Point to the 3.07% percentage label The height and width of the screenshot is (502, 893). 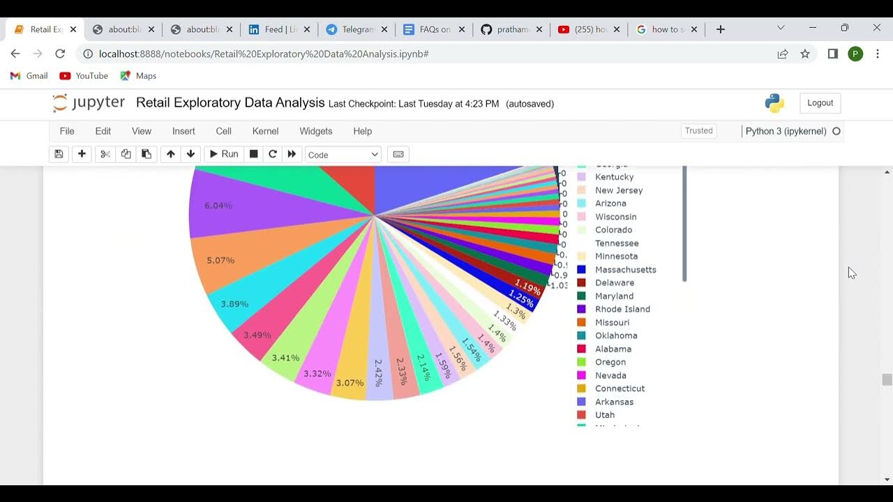pos(350,383)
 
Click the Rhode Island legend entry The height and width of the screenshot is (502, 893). pos(622,309)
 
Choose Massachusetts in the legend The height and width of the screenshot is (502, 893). pos(625,270)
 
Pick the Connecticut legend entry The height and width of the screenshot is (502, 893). pos(620,388)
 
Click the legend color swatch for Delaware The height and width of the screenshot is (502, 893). pos(581,283)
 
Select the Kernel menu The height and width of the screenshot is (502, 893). pos(265,131)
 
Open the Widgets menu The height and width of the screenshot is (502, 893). pos(316,131)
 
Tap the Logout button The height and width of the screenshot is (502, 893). pos(820,103)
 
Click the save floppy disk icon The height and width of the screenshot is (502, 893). pos(59,154)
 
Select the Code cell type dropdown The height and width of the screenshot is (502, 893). pos(343,155)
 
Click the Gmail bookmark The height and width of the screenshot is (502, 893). pos(29,76)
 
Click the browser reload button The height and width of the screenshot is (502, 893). pos(60,54)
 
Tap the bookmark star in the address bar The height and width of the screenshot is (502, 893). pos(805,54)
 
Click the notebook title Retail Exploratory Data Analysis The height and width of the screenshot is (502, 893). pos(230,103)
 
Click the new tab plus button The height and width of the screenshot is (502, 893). pos(721,29)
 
